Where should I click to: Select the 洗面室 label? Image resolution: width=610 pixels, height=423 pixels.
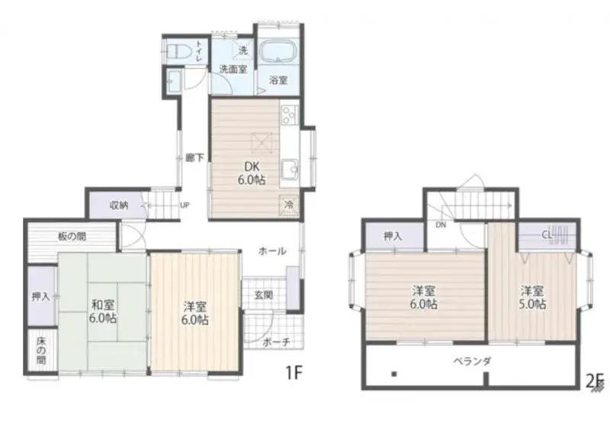click(x=233, y=69)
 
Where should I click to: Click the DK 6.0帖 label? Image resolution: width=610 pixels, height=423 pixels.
click(x=255, y=173)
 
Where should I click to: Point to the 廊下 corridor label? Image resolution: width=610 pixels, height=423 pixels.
click(x=194, y=158)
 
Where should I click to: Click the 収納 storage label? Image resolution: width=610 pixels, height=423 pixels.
click(x=118, y=205)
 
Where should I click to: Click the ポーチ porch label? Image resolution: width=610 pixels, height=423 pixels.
click(x=276, y=342)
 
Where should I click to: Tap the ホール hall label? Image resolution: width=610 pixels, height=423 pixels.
click(x=272, y=250)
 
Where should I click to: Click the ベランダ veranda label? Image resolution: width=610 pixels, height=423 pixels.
click(x=471, y=360)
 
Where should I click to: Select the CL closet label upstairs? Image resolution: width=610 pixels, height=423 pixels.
click(x=547, y=235)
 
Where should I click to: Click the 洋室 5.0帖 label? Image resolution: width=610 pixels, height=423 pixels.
click(x=533, y=297)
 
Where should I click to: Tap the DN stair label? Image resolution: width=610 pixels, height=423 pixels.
click(x=441, y=226)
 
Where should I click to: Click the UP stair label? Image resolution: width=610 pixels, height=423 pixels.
click(x=185, y=205)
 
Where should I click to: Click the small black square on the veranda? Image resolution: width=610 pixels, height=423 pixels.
click(x=393, y=374)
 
